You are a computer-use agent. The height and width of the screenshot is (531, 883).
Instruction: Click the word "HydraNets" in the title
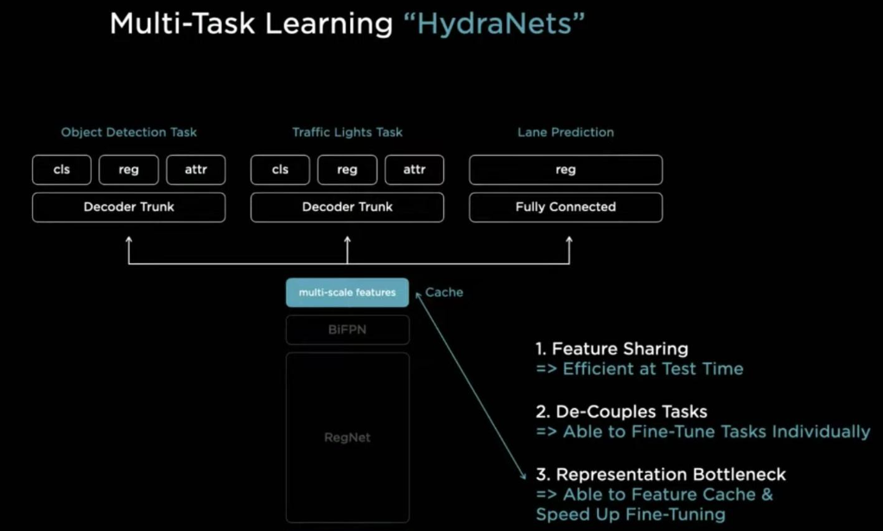tap(494, 23)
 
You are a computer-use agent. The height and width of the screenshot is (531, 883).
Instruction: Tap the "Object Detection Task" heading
tap(129, 132)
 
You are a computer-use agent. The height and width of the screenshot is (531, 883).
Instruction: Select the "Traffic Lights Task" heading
tap(347, 132)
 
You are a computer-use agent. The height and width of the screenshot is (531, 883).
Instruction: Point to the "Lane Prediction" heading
tap(566, 132)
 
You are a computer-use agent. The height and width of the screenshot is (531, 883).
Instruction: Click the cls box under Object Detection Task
tap(61, 170)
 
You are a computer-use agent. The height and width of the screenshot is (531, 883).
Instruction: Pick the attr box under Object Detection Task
tap(195, 170)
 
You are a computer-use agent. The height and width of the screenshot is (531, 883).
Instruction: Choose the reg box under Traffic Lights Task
tap(347, 170)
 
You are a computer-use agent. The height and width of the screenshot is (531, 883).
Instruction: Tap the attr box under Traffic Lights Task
tap(414, 170)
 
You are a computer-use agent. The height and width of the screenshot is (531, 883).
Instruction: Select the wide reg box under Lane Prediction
tap(566, 170)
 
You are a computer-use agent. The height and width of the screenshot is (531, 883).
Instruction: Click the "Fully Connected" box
tap(566, 207)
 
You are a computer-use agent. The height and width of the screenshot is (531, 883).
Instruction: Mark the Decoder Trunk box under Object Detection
tap(129, 207)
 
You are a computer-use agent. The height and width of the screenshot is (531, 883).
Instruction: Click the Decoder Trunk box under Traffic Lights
tap(347, 207)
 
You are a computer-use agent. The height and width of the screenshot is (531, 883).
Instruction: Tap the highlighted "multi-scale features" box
tap(347, 292)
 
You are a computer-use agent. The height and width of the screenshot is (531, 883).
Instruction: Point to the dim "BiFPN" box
tap(347, 329)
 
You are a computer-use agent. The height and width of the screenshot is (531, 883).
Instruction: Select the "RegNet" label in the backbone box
tap(347, 438)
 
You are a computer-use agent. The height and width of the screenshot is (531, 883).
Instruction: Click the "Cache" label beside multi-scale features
tap(444, 292)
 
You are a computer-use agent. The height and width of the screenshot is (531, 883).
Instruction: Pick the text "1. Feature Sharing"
tap(612, 349)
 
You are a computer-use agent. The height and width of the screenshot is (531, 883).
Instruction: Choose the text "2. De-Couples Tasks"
tap(621, 412)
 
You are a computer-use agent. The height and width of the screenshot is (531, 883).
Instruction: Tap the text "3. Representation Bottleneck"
tap(661, 475)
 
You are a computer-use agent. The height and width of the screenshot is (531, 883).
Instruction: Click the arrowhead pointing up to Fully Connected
tap(569, 240)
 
